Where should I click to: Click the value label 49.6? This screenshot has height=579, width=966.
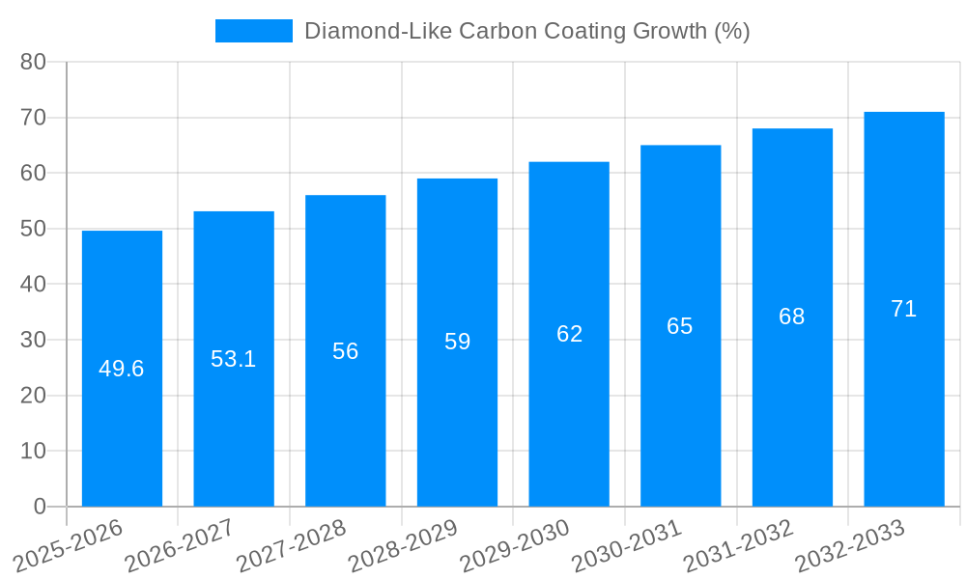click(x=122, y=369)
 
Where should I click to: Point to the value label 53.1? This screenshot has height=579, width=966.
click(x=234, y=359)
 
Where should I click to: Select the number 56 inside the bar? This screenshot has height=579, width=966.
click(x=346, y=351)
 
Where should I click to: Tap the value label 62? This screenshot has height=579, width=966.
click(x=569, y=334)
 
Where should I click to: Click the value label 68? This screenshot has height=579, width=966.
click(x=792, y=317)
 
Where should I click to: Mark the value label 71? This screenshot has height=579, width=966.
click(x=903, y=309)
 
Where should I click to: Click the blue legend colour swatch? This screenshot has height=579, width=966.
click(x=253, y=31)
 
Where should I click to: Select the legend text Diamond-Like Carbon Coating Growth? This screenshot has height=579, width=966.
click(x=526, y=31)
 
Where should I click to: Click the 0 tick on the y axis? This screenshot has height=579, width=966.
click(x=40, y=507)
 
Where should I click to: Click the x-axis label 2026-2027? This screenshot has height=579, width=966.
click(x=179, y=546)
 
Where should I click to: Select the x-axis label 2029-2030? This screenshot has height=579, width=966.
click(x=514, y=546)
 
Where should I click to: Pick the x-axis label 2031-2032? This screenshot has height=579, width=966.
click(x=738, y=546)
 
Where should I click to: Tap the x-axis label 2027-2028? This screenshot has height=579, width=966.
click(x=291, y=546)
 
